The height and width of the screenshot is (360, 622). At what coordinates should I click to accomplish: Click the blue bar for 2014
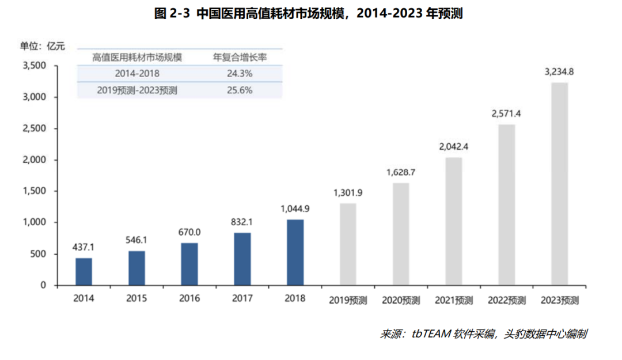(84, 271)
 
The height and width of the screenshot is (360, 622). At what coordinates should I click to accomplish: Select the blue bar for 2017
(242, 259)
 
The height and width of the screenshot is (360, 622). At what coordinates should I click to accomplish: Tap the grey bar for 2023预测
(559, 184)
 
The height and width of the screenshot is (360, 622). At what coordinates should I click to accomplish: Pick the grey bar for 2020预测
(401, 234)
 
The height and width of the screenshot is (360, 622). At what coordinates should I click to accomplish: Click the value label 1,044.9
(295, 208)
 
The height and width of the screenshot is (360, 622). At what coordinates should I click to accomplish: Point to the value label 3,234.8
(559, 72)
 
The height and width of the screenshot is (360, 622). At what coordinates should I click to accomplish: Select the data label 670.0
(189, 232)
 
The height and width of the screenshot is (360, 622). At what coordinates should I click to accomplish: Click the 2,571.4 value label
(506, 113)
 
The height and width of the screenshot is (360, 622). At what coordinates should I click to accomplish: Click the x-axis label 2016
(189, 298)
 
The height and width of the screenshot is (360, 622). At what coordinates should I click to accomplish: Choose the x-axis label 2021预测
(454, 300)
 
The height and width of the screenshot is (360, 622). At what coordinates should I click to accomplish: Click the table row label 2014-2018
(137, 74)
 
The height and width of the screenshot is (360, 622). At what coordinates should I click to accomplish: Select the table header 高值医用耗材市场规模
(137, 57)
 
